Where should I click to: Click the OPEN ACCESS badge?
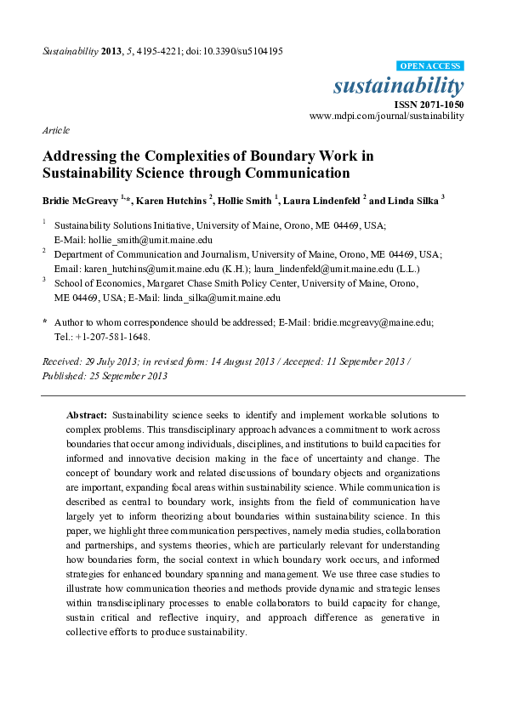click(430, 65)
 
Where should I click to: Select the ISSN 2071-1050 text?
click(429, 103)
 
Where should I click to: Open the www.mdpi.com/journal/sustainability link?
click(386, 115)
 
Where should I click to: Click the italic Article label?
click(56, 130)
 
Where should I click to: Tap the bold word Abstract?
click(86, 414)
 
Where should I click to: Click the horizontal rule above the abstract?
click(253, 395)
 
